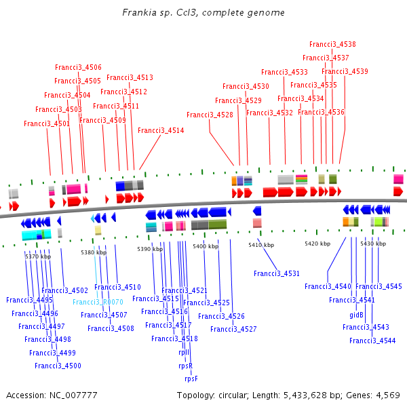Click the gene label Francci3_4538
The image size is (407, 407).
[332, 45]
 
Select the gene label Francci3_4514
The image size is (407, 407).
[161, 130]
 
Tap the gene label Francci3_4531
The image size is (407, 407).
[277, 273]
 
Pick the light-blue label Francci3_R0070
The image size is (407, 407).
[98, 302]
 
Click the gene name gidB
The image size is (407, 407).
[356, 315]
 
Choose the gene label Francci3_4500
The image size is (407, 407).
[58, 366]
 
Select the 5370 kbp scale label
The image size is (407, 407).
[38, 256]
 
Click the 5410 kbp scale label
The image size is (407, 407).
[261, 244]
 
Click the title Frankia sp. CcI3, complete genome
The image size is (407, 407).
[203, 13]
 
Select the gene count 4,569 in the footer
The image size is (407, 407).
[387, 395]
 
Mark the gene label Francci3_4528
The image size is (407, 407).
[210, 115]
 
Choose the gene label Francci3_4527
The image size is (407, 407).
[233, 329]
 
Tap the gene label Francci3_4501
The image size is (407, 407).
[47, 123]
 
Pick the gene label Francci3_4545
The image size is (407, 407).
[379, 286]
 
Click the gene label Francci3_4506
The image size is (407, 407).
[78, 67]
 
